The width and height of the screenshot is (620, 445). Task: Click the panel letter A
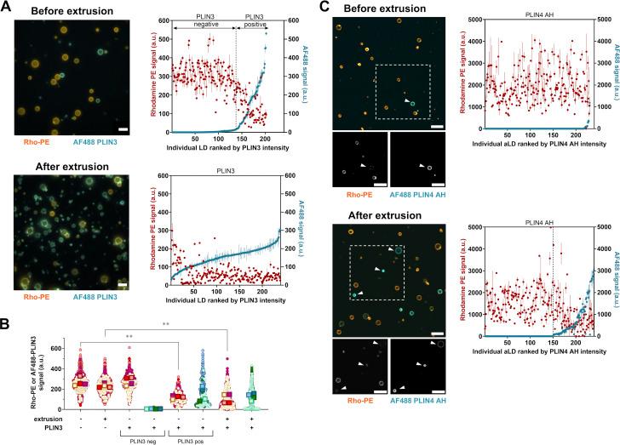pos(6,7)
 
